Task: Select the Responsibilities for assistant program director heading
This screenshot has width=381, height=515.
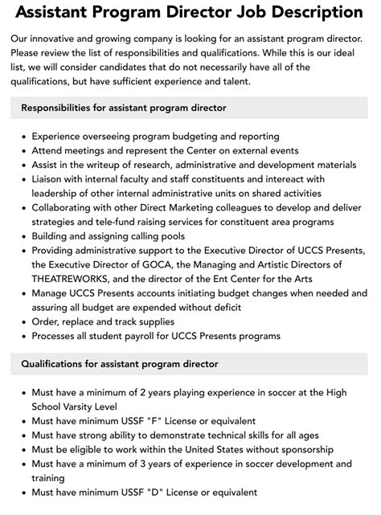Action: [x=124, y=108]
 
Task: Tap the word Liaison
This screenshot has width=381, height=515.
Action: [x=52, y=179]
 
